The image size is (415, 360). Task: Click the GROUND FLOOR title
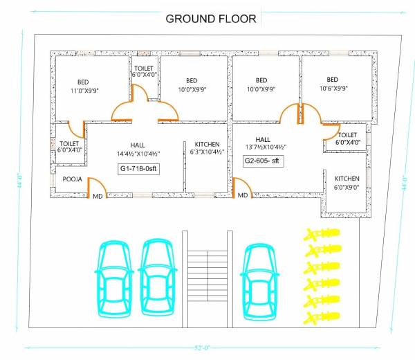pos(210,18)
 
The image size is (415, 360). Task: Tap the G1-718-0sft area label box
pos(139,168)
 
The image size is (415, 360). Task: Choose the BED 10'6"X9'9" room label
pos(332,84)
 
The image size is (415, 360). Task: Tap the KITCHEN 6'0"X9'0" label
pos(343,183)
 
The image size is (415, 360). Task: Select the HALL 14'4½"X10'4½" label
pos(138,149)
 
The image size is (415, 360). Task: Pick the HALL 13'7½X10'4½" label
pos(264,143)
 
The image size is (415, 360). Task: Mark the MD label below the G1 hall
pos(98,196)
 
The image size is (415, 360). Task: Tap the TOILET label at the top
pos(145,71)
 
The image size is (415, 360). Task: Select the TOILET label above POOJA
pos(71,146)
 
